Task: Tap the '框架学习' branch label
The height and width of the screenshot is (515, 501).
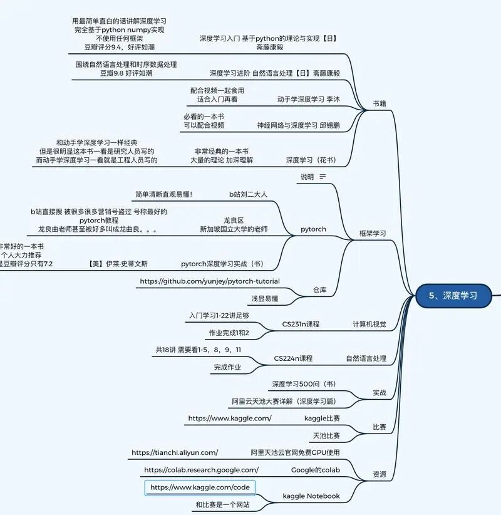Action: (x=372, y=233)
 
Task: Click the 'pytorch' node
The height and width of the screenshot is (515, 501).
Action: (x=313, y=229)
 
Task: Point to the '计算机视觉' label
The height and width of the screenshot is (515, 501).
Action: (x=369, y=324)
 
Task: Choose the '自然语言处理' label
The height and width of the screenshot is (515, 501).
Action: (x=366, y=358)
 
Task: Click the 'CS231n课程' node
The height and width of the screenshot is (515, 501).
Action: (x=301, y=324)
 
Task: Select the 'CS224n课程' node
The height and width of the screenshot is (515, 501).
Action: (x=293, y=358)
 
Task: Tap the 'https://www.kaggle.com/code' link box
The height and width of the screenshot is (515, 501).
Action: (x=200, y=487)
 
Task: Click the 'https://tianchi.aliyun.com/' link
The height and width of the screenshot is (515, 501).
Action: (x=175, y=452)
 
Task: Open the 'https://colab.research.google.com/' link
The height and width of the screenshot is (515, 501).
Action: (x=201, y=470)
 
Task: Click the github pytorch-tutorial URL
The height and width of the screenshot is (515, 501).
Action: (x=210, y=281)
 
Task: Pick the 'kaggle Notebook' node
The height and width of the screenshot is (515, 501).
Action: (x=311, y=496)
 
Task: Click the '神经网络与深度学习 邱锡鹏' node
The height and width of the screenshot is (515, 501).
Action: (x=298, y=125)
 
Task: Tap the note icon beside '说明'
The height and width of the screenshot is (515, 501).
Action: (x=323, y=177)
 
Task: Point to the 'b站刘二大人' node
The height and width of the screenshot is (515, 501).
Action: (x=248, y=194)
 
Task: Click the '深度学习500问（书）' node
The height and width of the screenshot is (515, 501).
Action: (x=304, y=383)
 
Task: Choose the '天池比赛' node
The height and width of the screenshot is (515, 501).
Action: (x=326, y=435)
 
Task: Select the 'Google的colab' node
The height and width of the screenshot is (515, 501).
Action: (x=316, y=470)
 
